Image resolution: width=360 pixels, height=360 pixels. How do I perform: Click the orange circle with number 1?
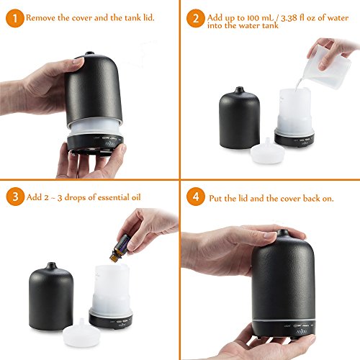[12, 14]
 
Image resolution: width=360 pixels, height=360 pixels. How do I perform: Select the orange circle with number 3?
[13, 197]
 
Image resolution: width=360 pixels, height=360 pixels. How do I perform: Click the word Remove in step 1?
[43, 14]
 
